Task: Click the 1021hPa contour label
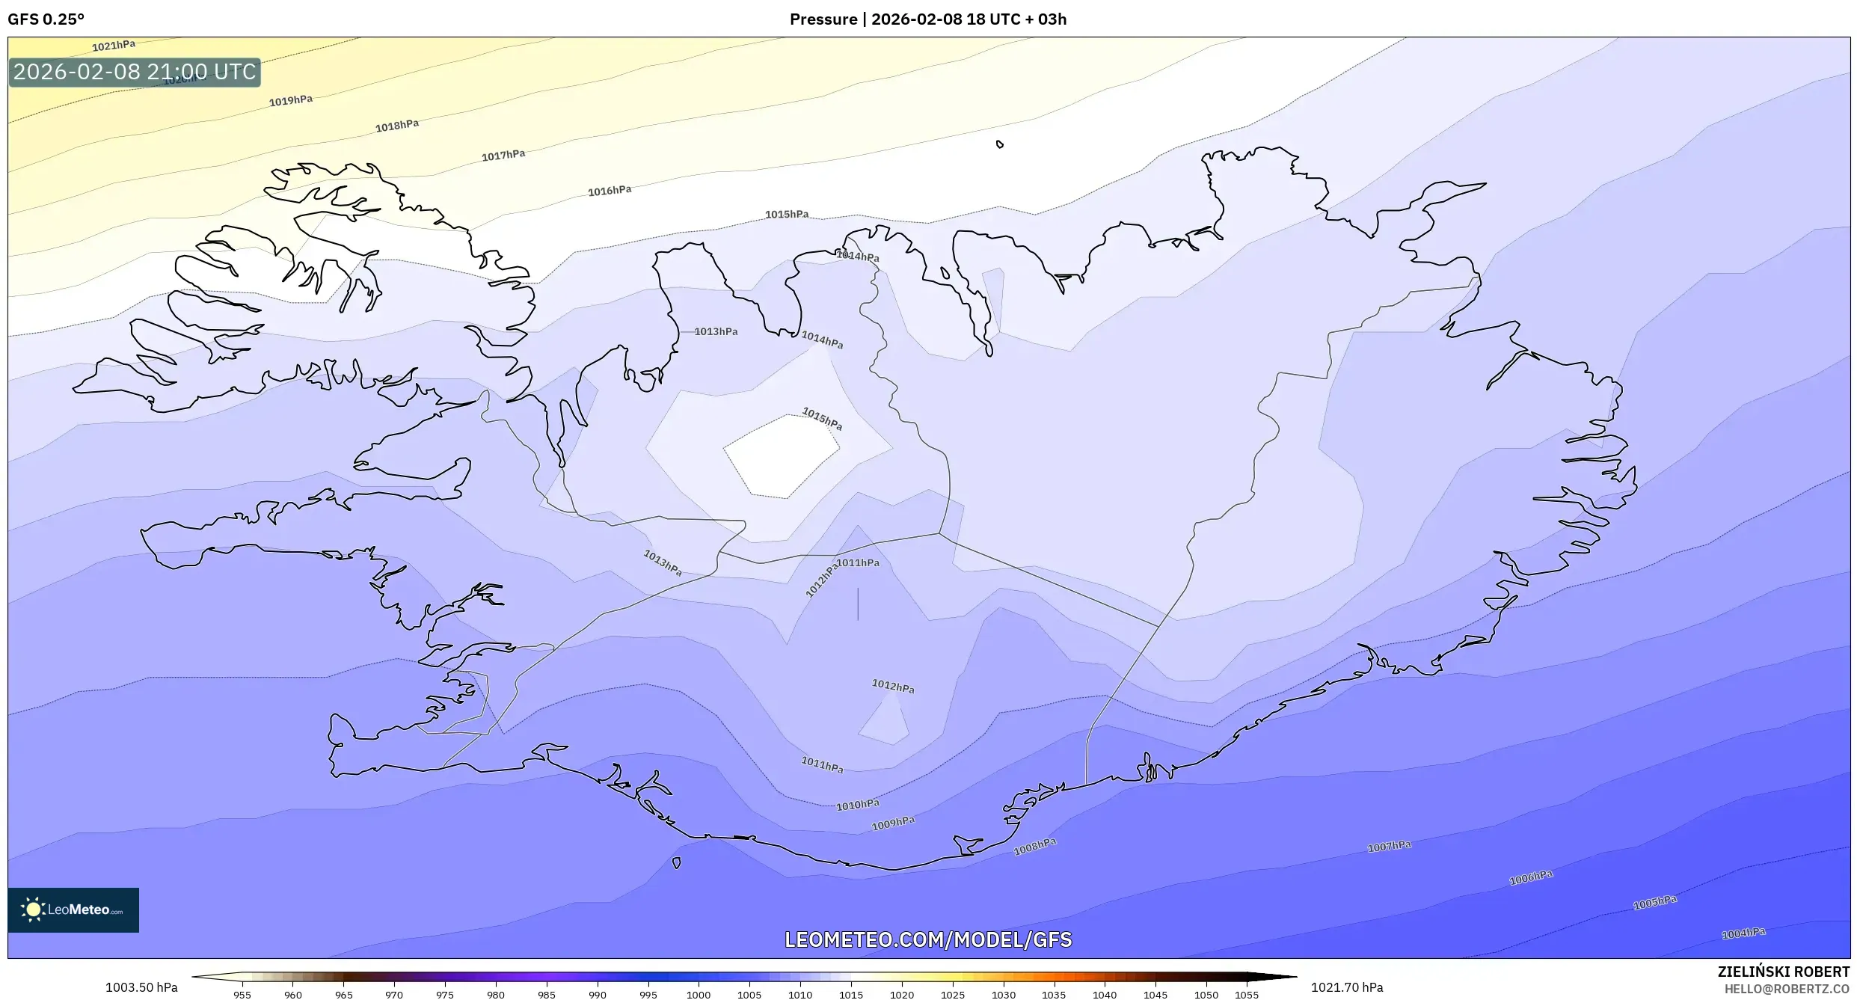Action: pos(114,46)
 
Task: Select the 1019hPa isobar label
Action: pos(291,100)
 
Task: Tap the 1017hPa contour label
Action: pos(503,156)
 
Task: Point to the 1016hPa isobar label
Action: pos(610,191)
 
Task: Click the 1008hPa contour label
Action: pos(1035,847)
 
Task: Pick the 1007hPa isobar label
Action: pos(1389,847)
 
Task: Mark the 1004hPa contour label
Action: pos(1743,933)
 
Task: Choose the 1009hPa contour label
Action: pos(893,823)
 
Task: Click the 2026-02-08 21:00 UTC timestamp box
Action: pos(135,73)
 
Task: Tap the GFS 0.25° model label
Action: pos(46,19)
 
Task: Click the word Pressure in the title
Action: pos(823,19)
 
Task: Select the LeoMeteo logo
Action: pos(73,909)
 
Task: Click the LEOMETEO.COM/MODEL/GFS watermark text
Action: pos(928,939)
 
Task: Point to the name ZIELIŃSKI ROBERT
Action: pos(1783,972)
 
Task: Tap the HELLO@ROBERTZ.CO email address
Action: pos(1787,990)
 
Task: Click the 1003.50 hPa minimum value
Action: pos(141,987)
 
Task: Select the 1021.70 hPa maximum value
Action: pos(1347,987)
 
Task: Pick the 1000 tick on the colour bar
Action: pos(699,995)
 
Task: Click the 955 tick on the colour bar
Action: pos(242,995)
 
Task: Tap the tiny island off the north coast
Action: pos(1000,144)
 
